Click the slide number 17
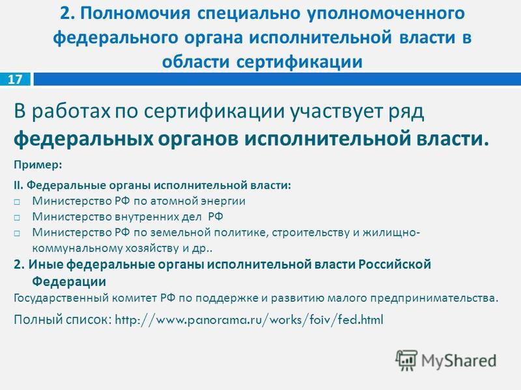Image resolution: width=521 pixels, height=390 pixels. pos(15,79)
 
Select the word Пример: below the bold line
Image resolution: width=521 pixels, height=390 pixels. pos(38,165)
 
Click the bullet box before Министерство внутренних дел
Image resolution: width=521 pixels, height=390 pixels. pos(17,218)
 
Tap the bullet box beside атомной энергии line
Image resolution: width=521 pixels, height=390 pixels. pos(17,202)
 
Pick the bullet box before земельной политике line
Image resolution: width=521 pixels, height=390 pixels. pos(17,233)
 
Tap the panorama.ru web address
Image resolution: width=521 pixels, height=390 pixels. pos(249,320)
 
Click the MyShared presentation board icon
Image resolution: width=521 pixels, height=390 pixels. pos(406,360)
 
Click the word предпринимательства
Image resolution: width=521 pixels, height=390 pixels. pos(434,298)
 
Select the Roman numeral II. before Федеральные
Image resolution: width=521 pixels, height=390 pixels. pos(19,185)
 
